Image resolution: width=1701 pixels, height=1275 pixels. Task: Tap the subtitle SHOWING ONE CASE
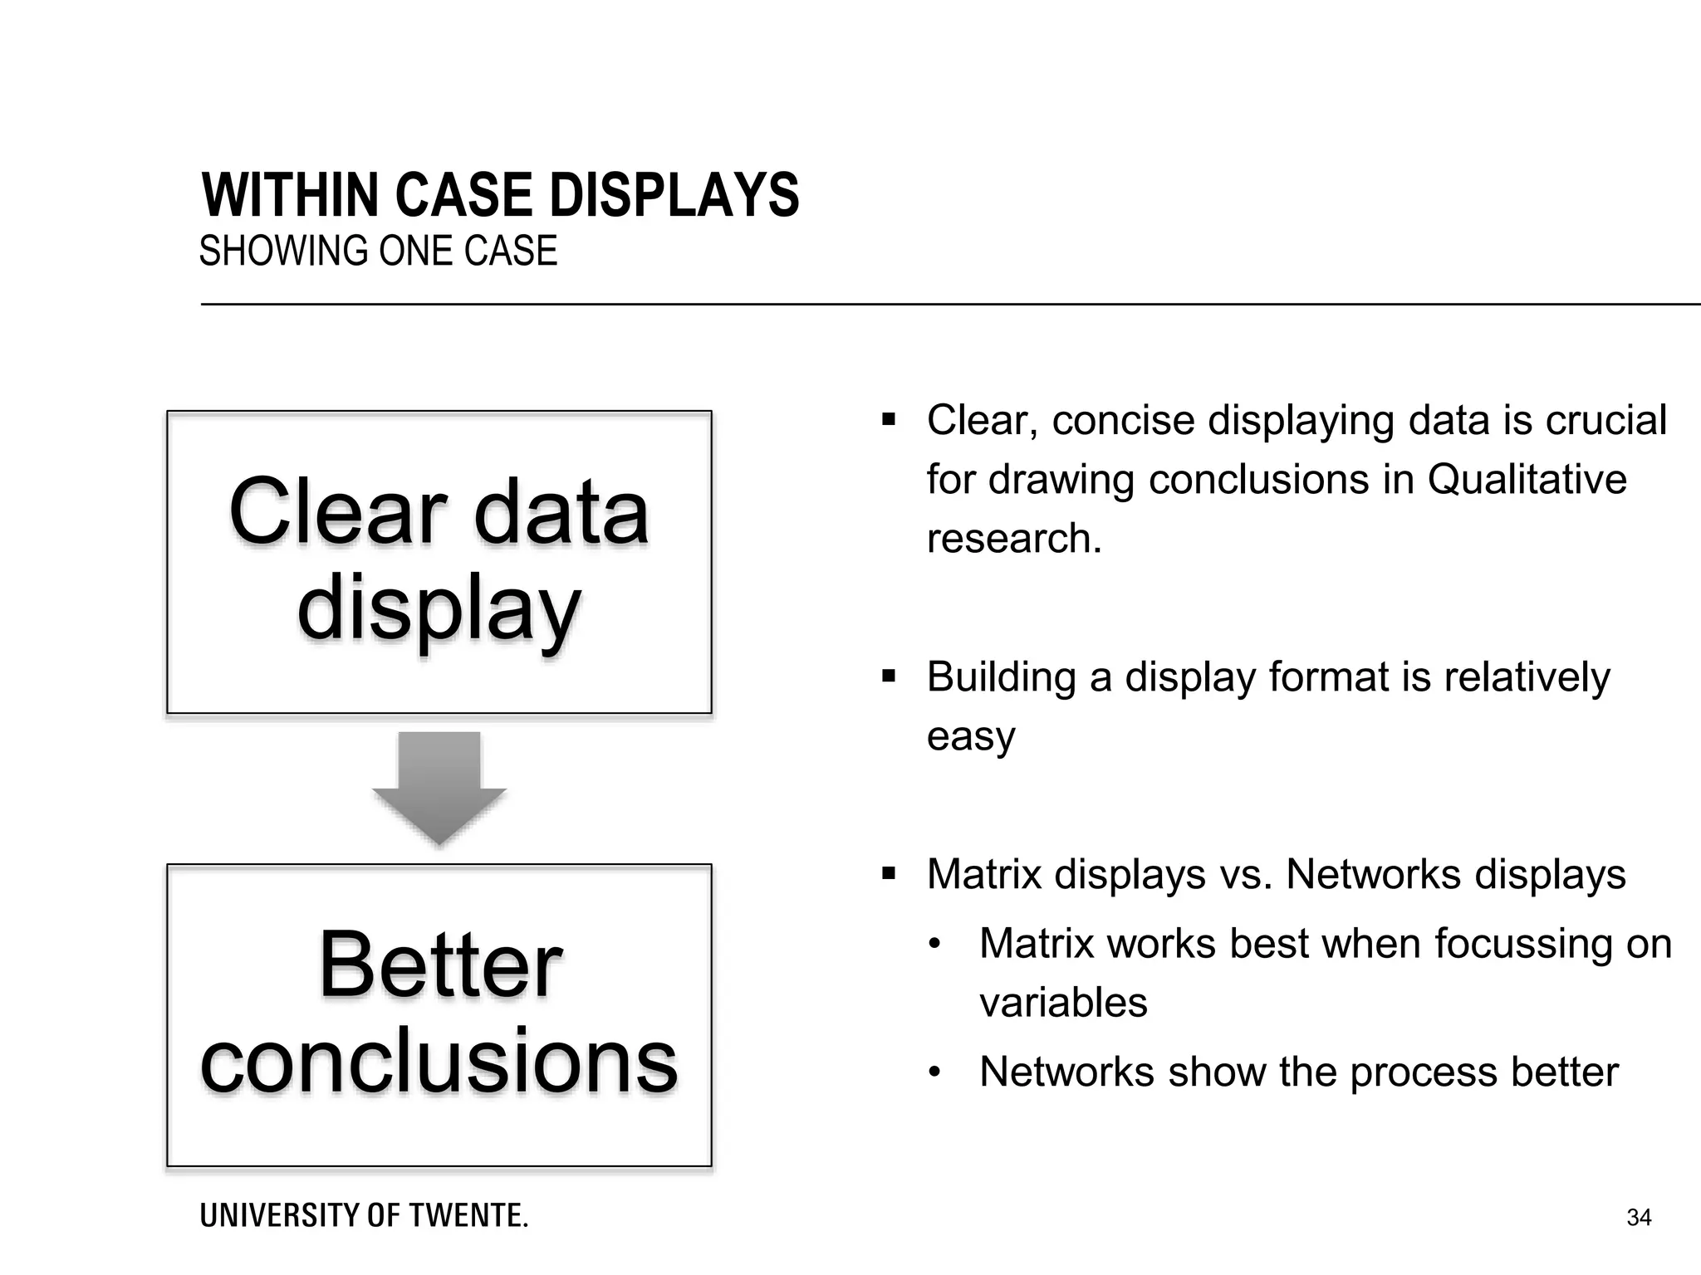(x=378, y=252)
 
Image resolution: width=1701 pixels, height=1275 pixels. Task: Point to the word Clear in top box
(x=337, y=513)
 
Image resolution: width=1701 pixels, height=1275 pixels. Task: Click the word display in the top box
(x=439, y=610)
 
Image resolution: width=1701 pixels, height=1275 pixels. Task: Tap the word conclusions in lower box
(x=439, y=1061)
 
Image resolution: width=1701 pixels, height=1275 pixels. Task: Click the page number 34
(x=1638, y=1218)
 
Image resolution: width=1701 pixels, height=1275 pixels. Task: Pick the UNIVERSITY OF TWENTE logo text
(x=364, y=1216)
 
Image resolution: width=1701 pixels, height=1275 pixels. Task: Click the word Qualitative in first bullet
(x=1527, y=480)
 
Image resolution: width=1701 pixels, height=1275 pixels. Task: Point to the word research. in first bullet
(x=1013, y=539)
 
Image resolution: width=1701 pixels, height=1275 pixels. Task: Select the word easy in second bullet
(x=970, y=736)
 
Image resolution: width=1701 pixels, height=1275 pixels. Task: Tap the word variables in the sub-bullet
(x=1063, y=1003)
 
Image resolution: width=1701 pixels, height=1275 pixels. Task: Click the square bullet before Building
(x=890, y=677)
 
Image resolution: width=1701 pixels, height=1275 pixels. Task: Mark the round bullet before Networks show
(x=934, y=1073)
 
